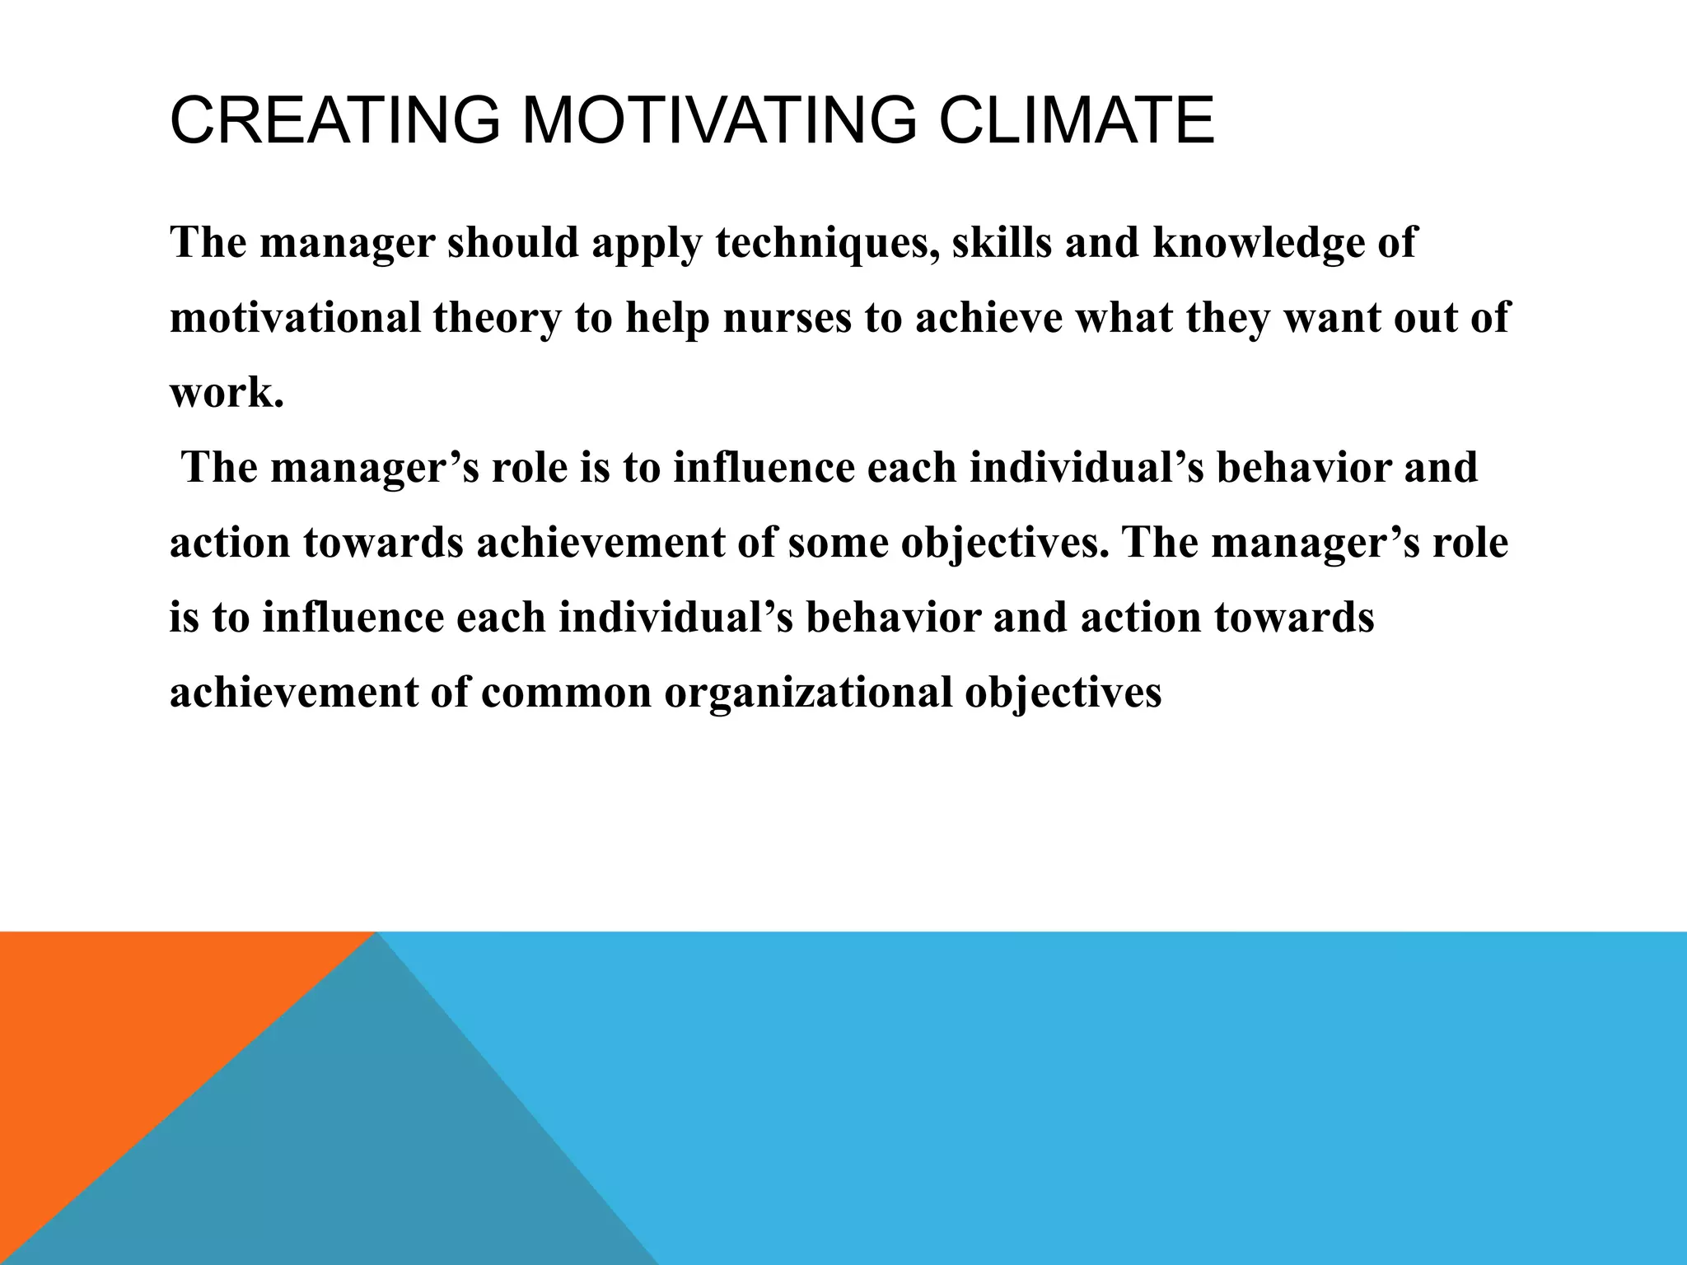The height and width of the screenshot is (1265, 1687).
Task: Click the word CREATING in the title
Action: (334, 121)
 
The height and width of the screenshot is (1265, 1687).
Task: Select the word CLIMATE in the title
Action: (1076, 121)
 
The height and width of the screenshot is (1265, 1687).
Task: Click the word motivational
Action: (295, 318)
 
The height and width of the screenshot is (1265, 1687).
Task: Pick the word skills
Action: (1002, 243)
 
